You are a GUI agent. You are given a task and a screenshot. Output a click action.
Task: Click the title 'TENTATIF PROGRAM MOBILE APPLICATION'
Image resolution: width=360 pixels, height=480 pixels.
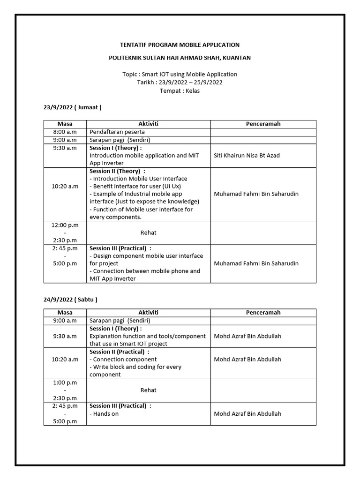[x=180, y=45]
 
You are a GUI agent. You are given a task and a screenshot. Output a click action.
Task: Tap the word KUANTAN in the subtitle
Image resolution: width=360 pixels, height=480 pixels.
[x=237, y=58]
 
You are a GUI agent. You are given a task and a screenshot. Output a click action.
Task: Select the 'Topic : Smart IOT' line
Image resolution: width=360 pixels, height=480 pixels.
[x=180, y=74]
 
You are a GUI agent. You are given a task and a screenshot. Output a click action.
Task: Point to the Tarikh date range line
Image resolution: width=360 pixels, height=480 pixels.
[x=180, y=82]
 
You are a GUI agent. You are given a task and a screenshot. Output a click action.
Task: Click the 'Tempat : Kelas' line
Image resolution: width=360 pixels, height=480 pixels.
[x=180, y=90]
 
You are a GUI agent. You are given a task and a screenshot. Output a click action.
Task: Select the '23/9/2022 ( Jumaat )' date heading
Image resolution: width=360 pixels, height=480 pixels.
[x=72, y=107]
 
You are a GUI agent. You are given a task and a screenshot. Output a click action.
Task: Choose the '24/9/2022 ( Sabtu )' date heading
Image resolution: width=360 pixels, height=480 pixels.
[x=70, y=299]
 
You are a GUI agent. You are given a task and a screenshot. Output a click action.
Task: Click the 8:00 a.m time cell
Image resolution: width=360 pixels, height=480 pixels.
[x=65, y=132]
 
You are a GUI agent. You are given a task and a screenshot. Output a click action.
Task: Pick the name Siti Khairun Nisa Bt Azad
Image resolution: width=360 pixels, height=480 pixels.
[x=247, y=155]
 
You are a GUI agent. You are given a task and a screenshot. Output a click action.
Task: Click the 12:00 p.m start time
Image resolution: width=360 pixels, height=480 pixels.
[x=65, y=225]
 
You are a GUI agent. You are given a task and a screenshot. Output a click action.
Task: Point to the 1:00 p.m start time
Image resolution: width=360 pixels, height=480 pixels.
[x=65, y=382]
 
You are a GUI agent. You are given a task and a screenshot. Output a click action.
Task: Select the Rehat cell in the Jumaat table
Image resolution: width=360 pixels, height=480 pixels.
[x=149, y=232]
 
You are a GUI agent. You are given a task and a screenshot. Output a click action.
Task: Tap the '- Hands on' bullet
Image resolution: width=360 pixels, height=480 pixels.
[x=104, y=414]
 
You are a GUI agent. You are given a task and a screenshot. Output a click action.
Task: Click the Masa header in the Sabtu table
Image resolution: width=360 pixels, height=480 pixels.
[x=65, y=313]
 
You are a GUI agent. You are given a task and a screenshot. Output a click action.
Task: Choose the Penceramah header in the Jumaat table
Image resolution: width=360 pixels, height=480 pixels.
[x=263, y=124]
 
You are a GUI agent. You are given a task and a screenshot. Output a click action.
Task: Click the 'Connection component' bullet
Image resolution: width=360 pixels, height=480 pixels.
[x=123, y=360]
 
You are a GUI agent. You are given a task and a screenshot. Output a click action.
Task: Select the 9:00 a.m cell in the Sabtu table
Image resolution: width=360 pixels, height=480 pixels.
[x=65, y=321]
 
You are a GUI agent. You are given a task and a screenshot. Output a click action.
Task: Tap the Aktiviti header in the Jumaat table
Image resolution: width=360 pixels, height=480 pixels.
[x=149, y=124]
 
